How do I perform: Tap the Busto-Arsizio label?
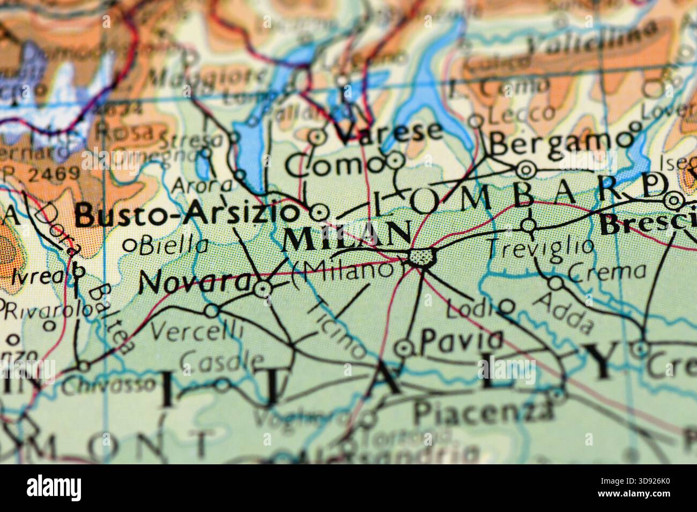point(187,215)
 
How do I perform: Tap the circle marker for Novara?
point(262,289)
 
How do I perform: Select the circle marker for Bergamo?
point(526,170)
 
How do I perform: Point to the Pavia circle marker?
point(404,349)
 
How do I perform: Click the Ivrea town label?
point(32,277)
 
